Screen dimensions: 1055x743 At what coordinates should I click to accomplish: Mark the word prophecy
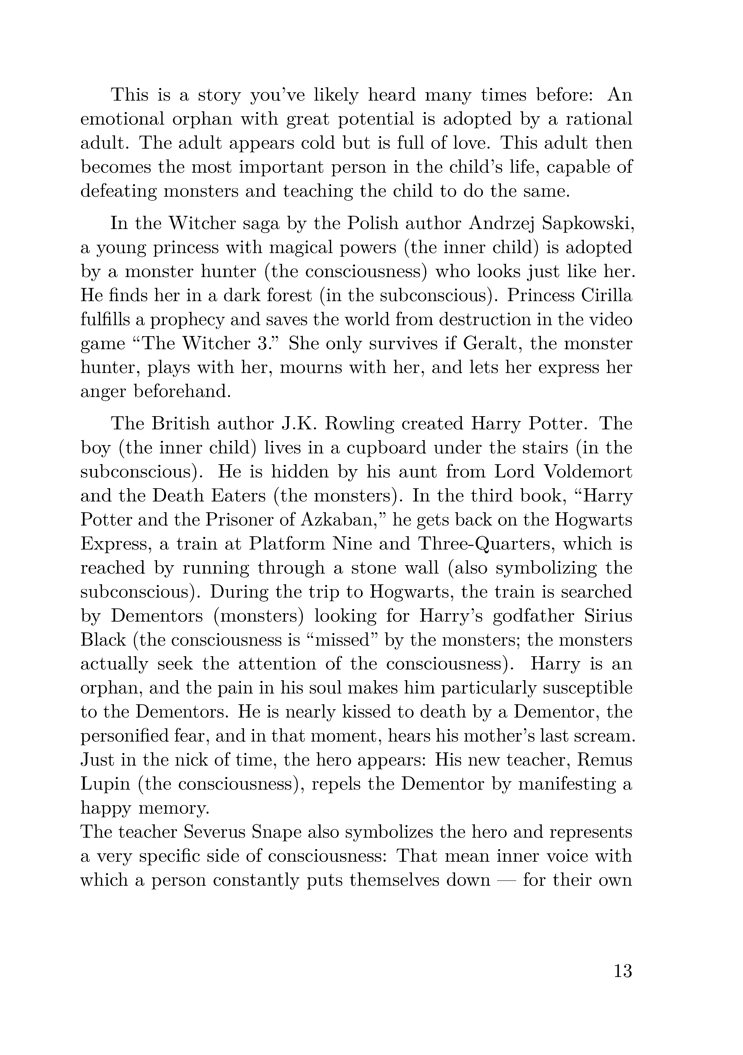186,319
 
